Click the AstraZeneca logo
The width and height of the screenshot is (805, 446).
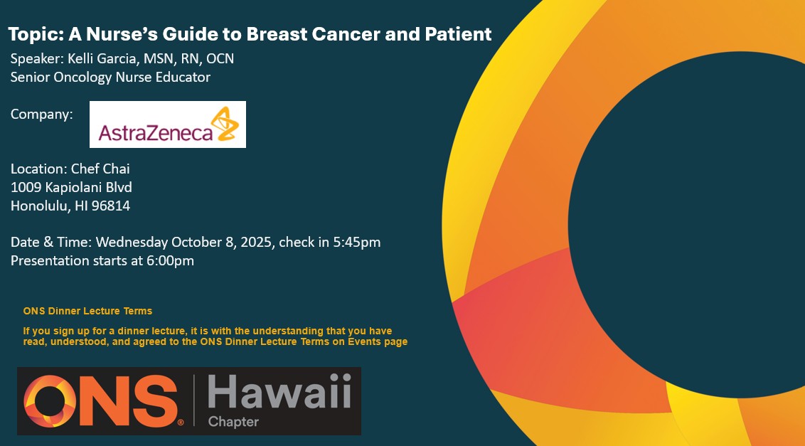[167, 124]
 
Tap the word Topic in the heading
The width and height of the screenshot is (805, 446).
[29, 35]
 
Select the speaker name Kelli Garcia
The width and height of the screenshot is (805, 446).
[102, 58]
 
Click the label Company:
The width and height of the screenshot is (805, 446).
[41, 115]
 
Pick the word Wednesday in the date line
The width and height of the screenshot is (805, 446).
[132, 242]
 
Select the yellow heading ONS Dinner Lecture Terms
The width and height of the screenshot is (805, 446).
[87, 311]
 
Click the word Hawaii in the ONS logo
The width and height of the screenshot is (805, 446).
[279, 391]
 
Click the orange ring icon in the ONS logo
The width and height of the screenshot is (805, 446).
[50, 400]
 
